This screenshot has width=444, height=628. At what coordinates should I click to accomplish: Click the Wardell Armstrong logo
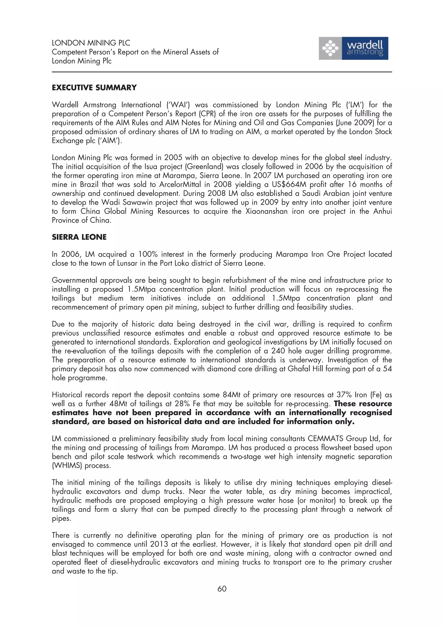click(x=353, y=48)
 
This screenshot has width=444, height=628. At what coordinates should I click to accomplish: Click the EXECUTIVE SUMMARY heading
click(x=94, y=88)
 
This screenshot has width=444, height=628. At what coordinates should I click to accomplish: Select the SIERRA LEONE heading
click(x=79, y=237)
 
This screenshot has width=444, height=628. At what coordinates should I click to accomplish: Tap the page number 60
click(x=222, y=589)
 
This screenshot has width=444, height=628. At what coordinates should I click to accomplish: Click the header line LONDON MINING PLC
click(x=91, y=43)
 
